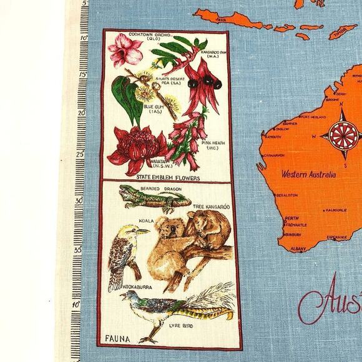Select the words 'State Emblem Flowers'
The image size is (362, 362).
click(x=166, y=177)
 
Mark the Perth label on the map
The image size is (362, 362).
click(x=291, y=218)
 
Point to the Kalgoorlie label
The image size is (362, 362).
click(x=335, y=210)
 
